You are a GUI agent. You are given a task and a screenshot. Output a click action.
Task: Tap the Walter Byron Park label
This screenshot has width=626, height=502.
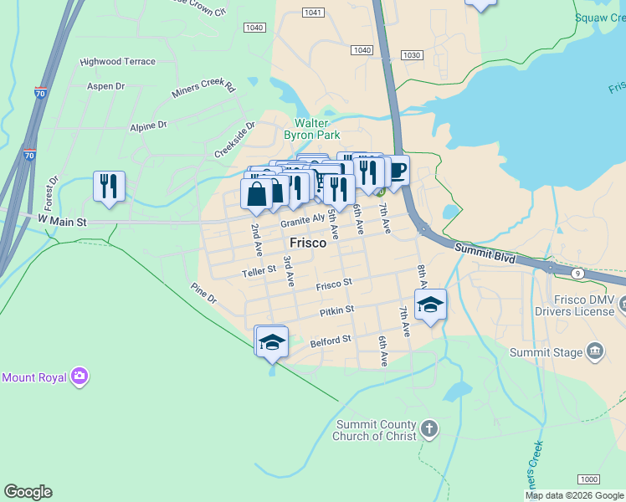[311, 128]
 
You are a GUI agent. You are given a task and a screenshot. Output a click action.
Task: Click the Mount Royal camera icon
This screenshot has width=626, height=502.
[80, 376]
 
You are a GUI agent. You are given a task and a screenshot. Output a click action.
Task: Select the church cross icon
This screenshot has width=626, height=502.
[428, 430]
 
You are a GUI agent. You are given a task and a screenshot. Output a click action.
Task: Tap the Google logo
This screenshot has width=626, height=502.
[28, 492]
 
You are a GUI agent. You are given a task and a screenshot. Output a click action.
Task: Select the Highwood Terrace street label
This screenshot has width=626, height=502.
[117, 62]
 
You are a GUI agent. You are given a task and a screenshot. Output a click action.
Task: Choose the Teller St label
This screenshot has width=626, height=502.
[259, 271]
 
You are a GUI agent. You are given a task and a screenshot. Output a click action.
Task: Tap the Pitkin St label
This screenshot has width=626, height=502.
[337, 312]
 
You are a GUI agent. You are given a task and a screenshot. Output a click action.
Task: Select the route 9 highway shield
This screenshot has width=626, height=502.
[577, 273]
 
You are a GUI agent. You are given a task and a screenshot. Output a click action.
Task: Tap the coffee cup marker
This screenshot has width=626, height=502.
[395, 172]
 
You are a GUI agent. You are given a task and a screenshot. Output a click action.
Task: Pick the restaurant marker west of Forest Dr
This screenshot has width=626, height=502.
[109, 187]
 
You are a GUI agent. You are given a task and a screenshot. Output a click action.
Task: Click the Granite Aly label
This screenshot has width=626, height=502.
[302, 221]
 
